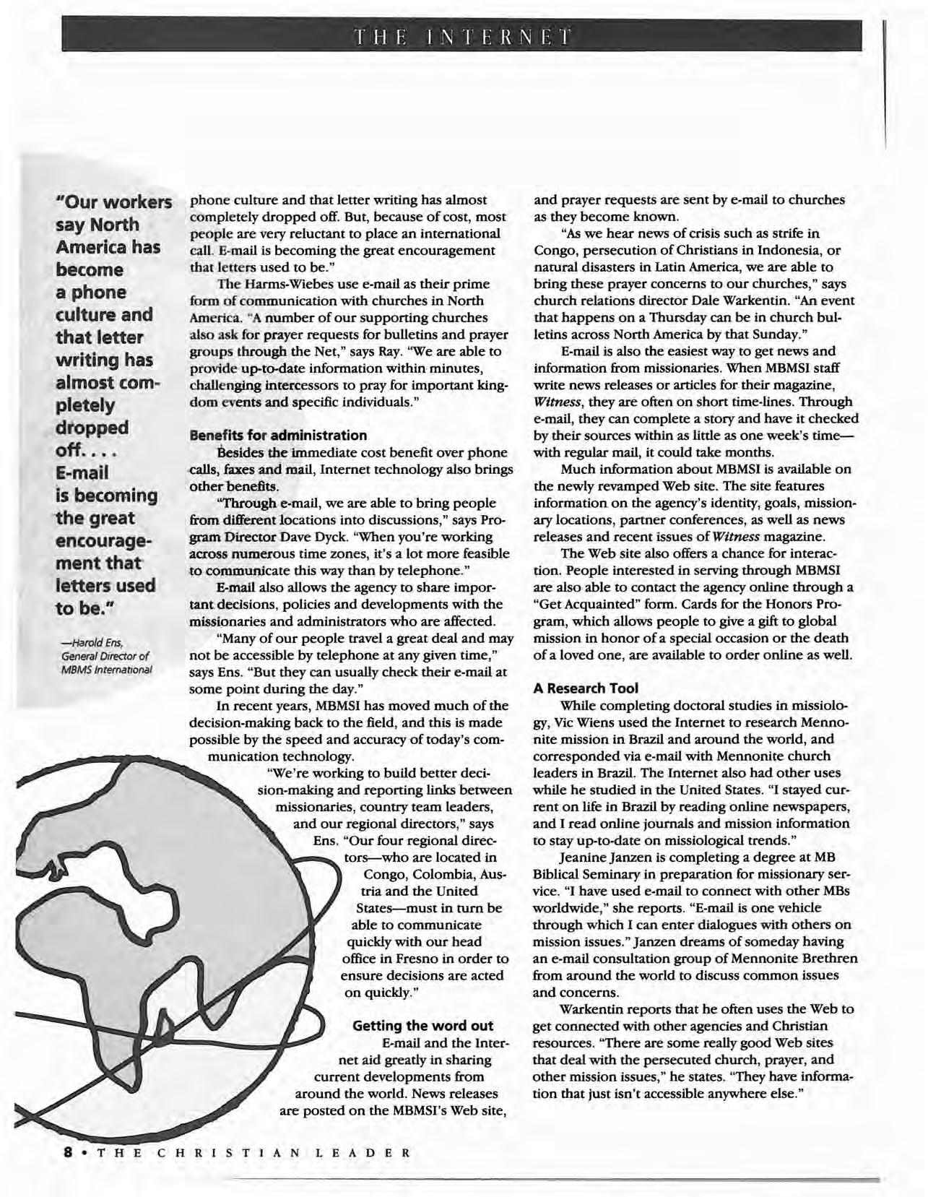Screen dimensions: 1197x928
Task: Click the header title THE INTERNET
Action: [x=461, y=36]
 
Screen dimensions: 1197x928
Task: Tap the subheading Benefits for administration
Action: [x=277, y=436]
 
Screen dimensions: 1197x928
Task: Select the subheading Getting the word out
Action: [x=422, y=1026]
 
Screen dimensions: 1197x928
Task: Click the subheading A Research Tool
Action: [x=586, y=688]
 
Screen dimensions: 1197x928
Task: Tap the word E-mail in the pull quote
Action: [x=82, y=472]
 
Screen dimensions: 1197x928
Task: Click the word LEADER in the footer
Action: [x=363, y=1152]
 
